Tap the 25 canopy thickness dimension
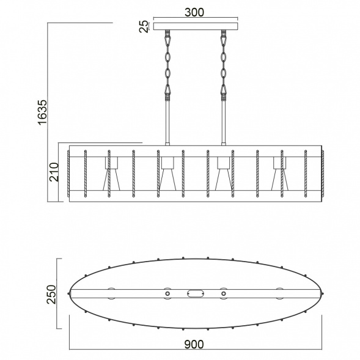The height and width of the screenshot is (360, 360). click(x=144, y=26)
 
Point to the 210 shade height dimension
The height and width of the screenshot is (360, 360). click(x=53, y=173)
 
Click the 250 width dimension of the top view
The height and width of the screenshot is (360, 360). click(x=51, y=293)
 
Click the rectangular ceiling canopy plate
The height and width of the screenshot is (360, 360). click(x=194, y=27)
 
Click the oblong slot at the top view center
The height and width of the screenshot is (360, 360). click(x=194, y=294)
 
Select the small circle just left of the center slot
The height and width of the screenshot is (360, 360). click(x=166, y=294)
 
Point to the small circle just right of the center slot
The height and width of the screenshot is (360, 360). click(x=223, y=294)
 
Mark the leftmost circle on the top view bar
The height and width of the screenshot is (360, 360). click(x=111, y=294)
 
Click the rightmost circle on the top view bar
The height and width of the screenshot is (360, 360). click(x=279, y=294)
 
